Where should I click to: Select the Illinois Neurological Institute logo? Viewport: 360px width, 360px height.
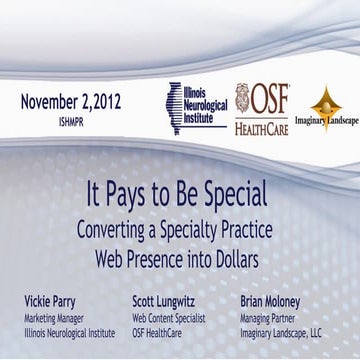pos(195,104)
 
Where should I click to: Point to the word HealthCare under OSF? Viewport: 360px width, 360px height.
pos(262,127)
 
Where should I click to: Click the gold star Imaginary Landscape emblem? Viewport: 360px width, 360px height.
pos(326,104)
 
